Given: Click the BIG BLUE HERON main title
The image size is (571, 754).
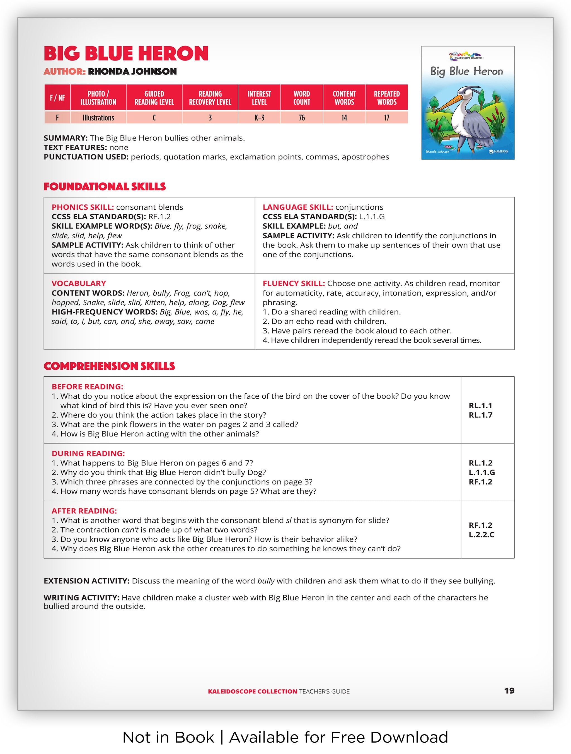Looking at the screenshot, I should coord(126,54).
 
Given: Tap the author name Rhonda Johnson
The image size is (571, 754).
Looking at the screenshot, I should coord(132,72).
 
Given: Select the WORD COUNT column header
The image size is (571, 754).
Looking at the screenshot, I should coord(301,98).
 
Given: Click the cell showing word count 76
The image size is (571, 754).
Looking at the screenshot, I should coord(301,118).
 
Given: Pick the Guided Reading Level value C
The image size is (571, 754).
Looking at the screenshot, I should coord(154,118).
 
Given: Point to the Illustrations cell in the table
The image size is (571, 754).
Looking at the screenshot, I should coord(98,118).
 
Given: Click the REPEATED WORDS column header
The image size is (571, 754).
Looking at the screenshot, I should coord(387,98).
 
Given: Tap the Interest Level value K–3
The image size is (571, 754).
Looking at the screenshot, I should coord(259,118).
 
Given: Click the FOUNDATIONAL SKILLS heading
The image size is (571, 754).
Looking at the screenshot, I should coord(105,186).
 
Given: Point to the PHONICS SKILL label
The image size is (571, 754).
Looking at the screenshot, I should coord(83,207).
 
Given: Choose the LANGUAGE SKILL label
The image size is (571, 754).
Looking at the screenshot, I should coord(297,207).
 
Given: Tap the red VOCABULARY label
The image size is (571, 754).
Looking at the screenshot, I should coord(79,283).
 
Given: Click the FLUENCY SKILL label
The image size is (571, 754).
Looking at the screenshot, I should coord(294,283).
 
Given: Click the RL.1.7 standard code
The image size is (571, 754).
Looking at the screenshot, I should coord(480,415).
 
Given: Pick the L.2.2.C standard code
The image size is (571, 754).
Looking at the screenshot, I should coord(481,534).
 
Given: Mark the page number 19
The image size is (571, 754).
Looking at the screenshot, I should coord(509,691).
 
